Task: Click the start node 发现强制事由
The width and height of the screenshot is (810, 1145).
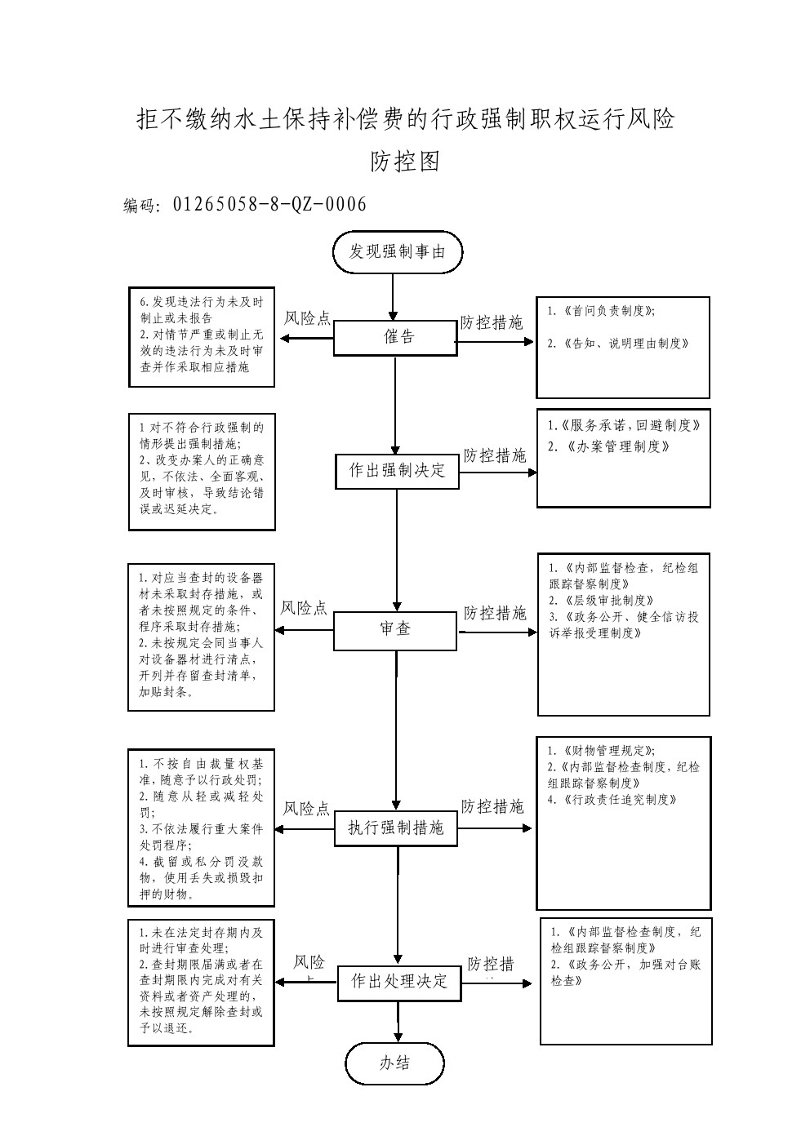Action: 398,251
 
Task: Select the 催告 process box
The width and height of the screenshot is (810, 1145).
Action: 396,337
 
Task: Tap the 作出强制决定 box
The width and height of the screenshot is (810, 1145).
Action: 397,471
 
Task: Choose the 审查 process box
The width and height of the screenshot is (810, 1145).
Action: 395,629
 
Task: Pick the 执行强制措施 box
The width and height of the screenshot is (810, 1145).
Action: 396,828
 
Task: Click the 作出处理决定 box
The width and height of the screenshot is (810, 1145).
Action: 399,981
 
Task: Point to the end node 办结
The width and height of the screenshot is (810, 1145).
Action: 395,1063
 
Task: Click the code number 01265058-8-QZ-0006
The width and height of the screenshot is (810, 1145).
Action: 269,204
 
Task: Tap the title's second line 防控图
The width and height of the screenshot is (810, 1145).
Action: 405,162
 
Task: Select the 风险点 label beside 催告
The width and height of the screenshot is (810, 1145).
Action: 307,319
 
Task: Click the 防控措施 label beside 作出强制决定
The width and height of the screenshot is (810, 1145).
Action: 495,455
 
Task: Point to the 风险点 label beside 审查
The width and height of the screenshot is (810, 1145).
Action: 304,608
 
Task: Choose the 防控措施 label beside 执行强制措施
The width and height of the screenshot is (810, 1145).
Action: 492,807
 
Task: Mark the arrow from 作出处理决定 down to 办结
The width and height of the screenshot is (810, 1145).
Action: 398,1022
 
